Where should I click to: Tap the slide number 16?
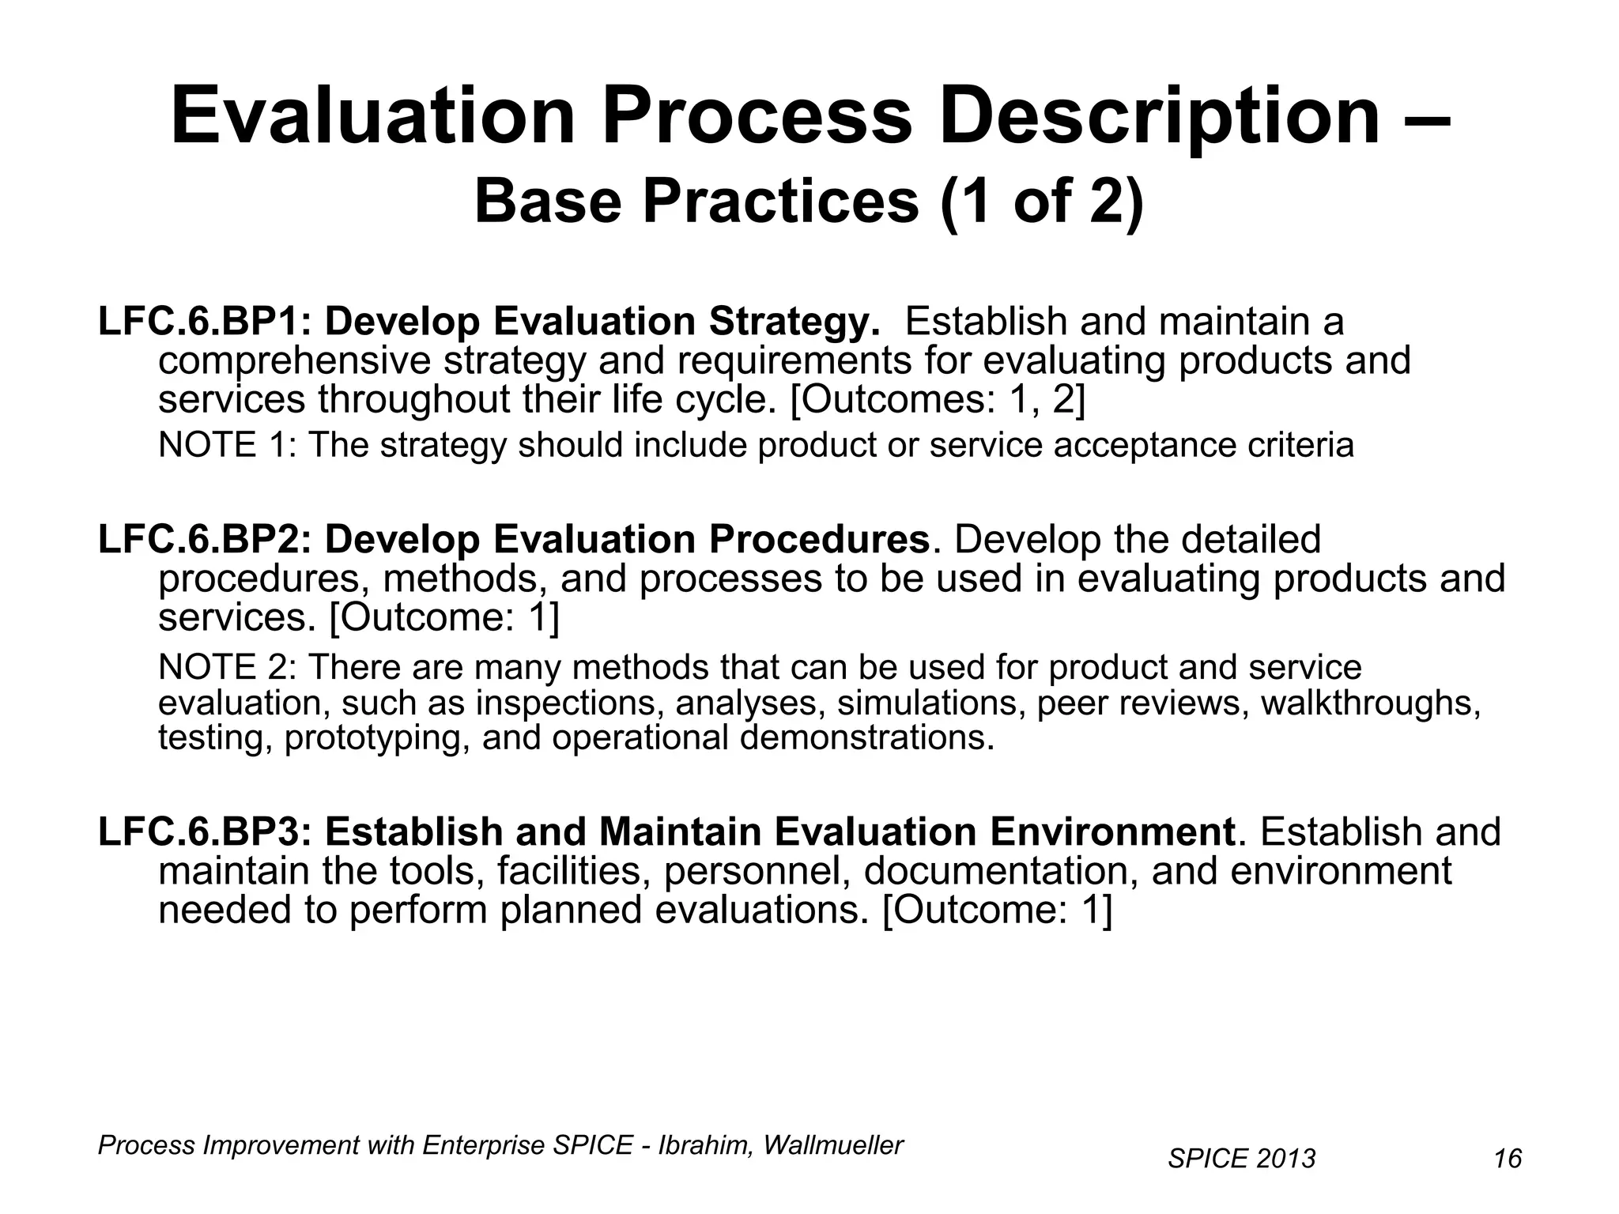click(1508, 1159)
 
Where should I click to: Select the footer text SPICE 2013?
click(1241, 1159)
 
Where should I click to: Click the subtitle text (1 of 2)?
click(1042, 201)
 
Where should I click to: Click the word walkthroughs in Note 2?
click(1370, 703)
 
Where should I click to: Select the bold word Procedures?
click(819, 540)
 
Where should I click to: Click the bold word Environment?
click(1111, 832)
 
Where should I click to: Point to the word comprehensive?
click(294, 362)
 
